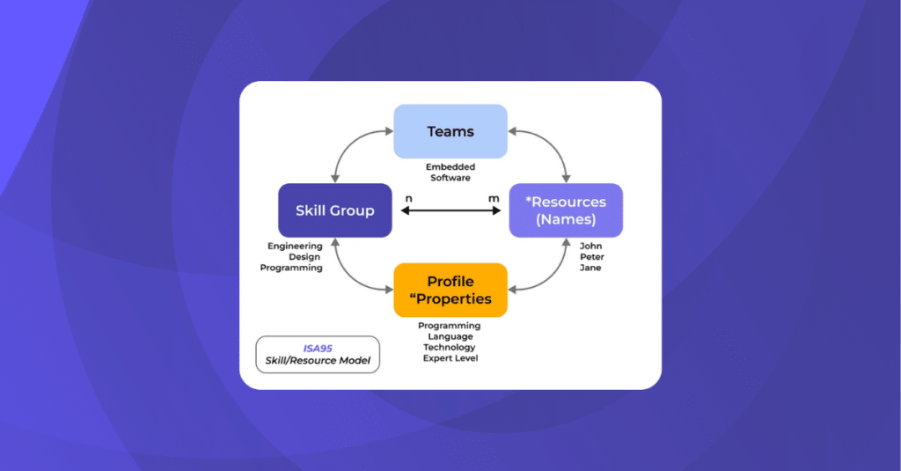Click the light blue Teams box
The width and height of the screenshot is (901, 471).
click(x=450, y=131)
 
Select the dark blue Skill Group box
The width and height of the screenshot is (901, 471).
click(x=334, y=210)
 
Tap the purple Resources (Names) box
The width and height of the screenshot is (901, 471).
click(x=566, y=210)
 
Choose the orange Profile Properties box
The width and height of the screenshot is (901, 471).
click(x=450, y=290)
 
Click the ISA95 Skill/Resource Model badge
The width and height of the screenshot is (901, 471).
click(x=318, y=354)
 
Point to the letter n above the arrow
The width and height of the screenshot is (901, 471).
click(x=408, y=198)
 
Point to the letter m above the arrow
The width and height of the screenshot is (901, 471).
click(x=493, y=198)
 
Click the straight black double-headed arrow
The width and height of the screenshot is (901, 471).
click(x=450, y=211)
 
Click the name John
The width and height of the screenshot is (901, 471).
click(x=590, y=246)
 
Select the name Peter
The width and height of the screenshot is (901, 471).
click(x=590, y=256)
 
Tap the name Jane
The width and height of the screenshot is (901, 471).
click(x=590, y=268)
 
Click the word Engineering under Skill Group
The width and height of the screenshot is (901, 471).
click(x=295, y=246)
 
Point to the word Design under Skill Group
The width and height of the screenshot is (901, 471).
click(x=304, y=256)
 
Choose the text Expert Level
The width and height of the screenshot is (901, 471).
click(x=450, y=358)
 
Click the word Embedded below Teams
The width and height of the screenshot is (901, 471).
click(x=450, y=166)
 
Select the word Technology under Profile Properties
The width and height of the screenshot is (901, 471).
click(x=450, y=347)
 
